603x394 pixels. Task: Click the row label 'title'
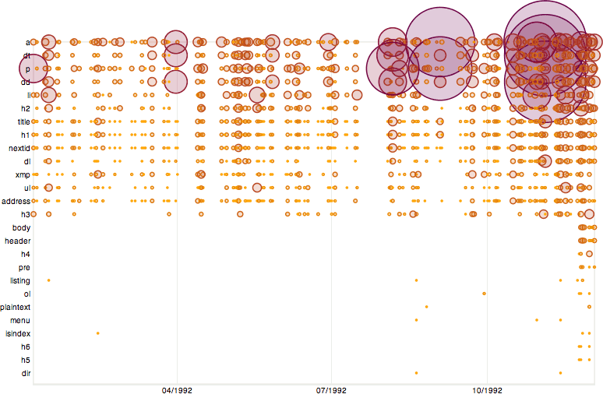coord(23,122)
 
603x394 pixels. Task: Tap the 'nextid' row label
coord(19,148)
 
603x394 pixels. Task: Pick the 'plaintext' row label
coord(16,308)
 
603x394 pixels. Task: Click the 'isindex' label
coord(18,334)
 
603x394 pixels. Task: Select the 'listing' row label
coord(20,281)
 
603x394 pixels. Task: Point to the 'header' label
coord(18,241)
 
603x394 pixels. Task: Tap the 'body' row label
coord(22,228)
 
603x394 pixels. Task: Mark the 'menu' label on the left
coord(21,321)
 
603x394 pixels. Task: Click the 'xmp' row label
coord(23,175)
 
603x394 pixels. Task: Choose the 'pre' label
coord(25,267)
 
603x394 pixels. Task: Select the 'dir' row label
coord(26,374)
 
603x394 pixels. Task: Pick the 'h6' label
coord(26,347)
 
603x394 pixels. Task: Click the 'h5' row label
coord(26,361)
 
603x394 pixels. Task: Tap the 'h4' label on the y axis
coord(26,255)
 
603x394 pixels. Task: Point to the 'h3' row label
coord(26,214)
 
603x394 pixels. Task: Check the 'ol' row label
coord(26,294)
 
